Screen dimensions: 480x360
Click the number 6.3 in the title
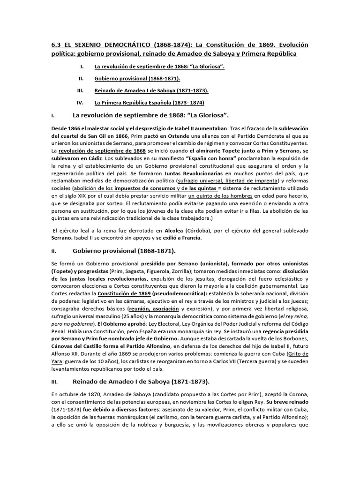click(56, 45)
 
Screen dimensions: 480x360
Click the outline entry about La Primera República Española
click(149, 102)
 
